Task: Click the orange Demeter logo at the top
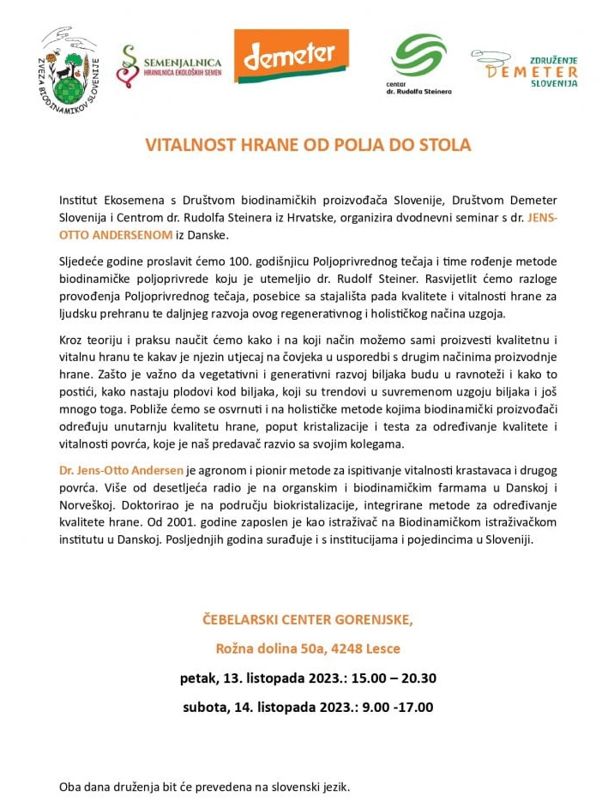(x=292, y=56)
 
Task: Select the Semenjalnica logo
(x=169, y=66)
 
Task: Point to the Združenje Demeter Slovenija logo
(x=524, y=69)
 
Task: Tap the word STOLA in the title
(x=447, y=145)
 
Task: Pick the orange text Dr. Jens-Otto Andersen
(x=121, y=471)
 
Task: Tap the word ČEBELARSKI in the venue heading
(x=242, y=618)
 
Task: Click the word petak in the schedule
(x=198, y=678)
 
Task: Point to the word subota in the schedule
(x=205, y=708)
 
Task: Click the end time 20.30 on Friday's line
(x=416, y=678)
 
